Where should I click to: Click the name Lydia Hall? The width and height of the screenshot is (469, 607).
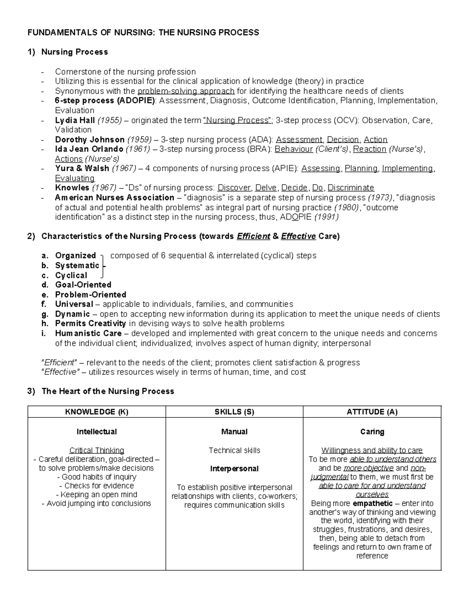75,120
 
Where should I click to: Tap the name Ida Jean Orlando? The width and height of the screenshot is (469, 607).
89,149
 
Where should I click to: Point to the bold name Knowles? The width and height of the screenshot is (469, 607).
72,188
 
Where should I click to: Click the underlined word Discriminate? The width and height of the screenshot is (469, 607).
351,188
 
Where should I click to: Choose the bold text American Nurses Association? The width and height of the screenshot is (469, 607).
115,197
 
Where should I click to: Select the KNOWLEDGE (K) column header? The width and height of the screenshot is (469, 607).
97,412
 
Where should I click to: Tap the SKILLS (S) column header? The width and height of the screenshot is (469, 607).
234,412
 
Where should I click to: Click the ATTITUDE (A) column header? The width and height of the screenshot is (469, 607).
372,412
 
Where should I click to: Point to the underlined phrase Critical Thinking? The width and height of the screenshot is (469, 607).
97,450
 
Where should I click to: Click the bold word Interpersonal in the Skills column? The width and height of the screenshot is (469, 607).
234,469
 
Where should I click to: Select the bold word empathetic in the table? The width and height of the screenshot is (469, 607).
372,503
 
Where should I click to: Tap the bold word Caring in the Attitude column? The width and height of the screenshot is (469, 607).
372,432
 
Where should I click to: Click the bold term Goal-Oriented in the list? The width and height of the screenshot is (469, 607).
83,285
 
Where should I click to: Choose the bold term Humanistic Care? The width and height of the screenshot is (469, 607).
88,333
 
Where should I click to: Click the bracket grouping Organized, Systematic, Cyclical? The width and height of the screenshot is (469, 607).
103,266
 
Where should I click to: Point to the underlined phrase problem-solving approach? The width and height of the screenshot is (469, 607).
186,91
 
